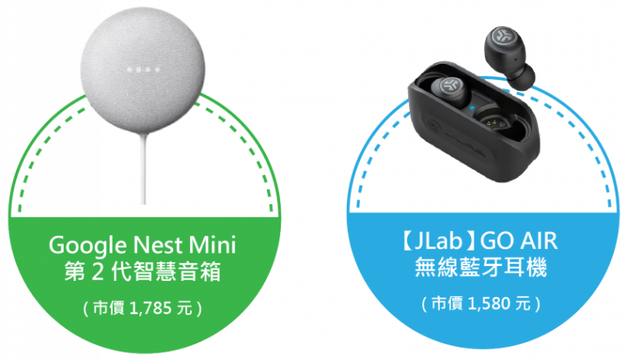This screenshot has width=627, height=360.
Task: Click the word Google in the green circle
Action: pyautogui.click(x=89, y=246)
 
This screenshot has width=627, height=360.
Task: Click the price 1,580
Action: pyautogui.click(x=489, y=304)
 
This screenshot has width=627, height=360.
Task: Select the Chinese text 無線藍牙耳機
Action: pyautogui.click(x=481, y=267)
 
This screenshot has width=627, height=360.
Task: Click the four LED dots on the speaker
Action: pyautogui.click(x=143, y=69)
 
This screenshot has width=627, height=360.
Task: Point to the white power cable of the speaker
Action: pyautogui.click(x=145, y=168)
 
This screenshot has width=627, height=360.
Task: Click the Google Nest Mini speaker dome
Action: pyautogui.click(x=143, y=70)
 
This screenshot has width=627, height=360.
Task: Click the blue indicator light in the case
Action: pyautogui.click(x=472, y=107)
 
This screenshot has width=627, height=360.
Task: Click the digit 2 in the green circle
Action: pyautogui.click(x=98, y=273)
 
